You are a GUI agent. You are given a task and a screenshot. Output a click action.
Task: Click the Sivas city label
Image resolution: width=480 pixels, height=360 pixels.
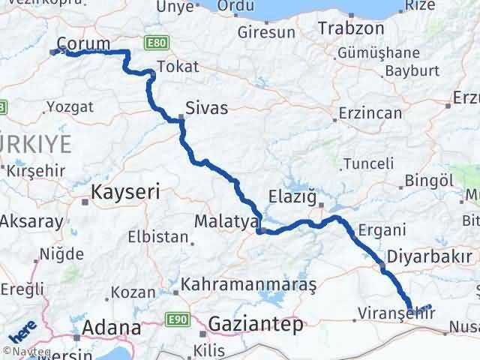(x=208, y=108)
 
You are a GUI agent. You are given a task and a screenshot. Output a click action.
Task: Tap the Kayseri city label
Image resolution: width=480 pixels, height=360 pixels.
(x=125, y=192)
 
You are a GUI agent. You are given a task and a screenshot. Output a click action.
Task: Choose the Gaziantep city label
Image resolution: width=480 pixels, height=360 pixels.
(x=256, y=325)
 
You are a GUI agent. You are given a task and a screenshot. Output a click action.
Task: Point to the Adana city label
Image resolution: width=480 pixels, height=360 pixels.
(x=113, y=328)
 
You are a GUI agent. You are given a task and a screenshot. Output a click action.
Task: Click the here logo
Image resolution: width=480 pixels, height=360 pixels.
(x=22, y=328)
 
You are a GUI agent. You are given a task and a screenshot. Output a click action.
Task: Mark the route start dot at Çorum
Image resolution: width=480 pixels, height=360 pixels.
(x=54, y=52)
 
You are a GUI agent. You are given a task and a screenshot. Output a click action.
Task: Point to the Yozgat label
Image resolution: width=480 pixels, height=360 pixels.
(x=70, y=106)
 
